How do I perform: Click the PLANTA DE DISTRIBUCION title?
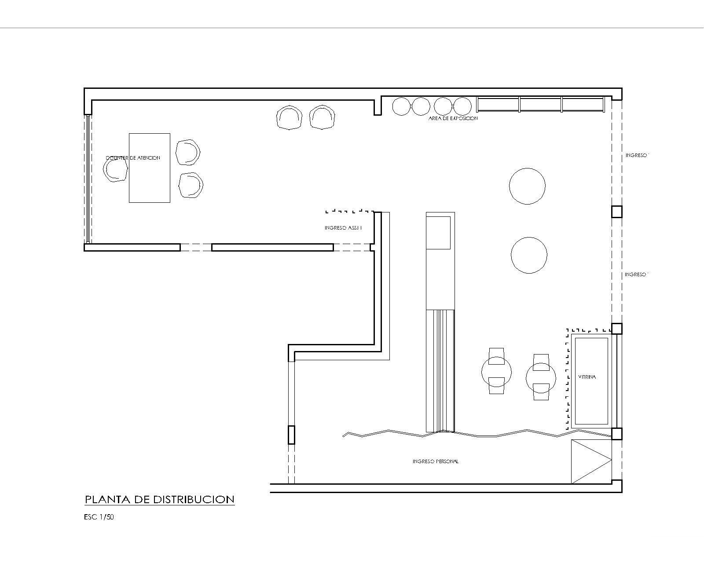click(x=159, y=499)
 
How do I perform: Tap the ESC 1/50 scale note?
click(x=99, y=517)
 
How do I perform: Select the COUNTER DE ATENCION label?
click(x=133, y=158)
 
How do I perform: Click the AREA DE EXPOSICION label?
click(x=453, y=118)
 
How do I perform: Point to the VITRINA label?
click(x=587, y=377)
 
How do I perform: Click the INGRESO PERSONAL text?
click(x=436, y=461)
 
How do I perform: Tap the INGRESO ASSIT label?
click(x=343, y=228)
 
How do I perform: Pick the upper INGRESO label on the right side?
click(x=637, y=155)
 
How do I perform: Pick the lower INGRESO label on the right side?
click(x=636, y=274)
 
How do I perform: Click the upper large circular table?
click(x=527, y=186)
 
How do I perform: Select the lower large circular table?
click(x=529, y=255)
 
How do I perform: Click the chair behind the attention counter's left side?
click(x=115, y=169)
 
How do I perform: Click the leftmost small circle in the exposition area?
click(x=401, y=106)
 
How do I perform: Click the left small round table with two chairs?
click(x=496, y=372)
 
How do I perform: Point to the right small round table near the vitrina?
click(x=541, y=377)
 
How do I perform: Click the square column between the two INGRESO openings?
click(x=617, y=212)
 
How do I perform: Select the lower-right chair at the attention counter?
click(x=191, y=185)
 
